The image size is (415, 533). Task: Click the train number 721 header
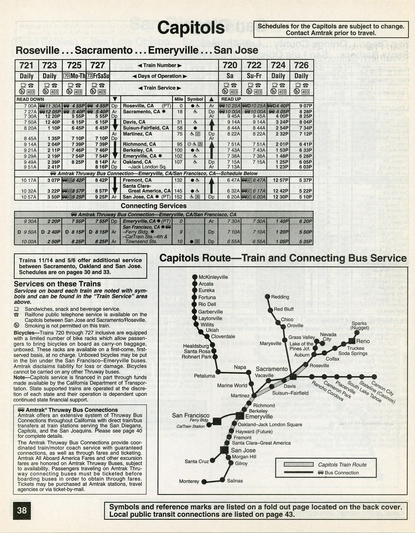coord(26,66)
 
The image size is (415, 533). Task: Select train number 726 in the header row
coord(301,66)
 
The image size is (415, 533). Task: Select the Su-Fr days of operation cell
coord(254,76)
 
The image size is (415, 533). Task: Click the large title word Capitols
coord(191,28)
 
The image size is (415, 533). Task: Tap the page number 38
coord(22,510)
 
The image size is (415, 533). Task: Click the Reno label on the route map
coord(363,341)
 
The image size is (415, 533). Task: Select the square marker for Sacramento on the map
coord(293,377)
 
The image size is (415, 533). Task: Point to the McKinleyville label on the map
coord(213,277)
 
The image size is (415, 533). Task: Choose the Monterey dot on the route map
coord(204,482)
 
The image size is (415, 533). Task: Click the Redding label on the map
coord(280,297)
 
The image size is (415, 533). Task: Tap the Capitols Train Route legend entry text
coord(342,465)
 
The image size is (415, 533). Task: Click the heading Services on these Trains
coord(57,284)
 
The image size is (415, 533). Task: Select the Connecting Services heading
coord(154,206)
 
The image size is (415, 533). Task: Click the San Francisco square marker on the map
coord(217,421)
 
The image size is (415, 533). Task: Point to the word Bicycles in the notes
coord(24,333)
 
